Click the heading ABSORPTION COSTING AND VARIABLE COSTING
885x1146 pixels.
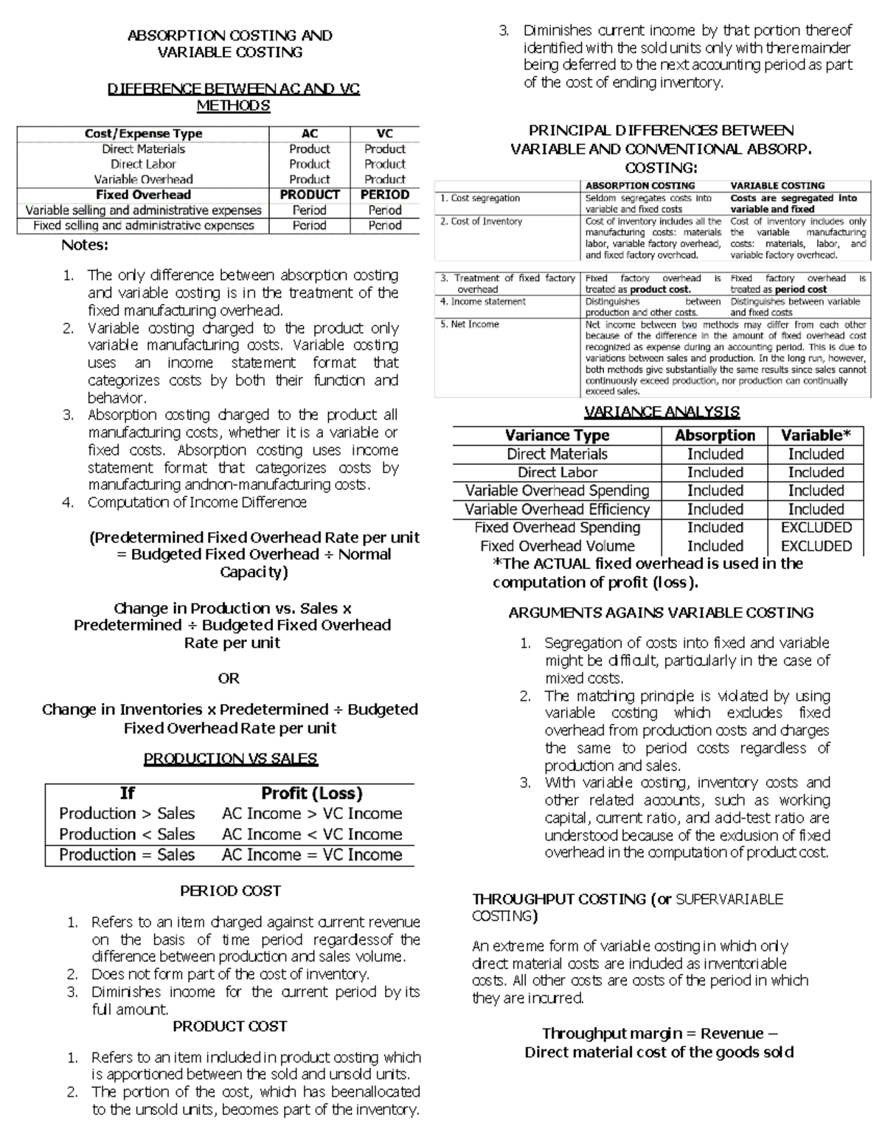click(229, 44)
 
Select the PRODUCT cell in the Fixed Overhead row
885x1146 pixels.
click(310, 195)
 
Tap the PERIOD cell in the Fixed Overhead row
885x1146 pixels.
click(384, 195)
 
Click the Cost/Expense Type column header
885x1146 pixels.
click(143, 134)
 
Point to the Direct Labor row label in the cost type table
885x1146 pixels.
click(143, 164)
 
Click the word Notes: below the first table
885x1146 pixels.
click(85, 245)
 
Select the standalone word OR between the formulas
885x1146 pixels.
click(229, 677)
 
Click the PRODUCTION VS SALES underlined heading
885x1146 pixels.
click(230, 759)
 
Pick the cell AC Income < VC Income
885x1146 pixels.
click(312, 834)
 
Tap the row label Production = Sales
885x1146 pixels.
click(127, 855)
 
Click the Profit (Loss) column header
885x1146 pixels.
click(312, 793)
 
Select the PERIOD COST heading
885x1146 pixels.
click(230, 891)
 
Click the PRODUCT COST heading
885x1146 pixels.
click(230, 1026)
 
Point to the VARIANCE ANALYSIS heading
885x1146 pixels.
click(662, 412)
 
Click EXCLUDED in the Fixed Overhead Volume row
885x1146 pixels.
click(816, 546)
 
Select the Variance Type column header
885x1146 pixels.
click(557, 435)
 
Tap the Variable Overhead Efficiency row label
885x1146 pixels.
click(557, 509)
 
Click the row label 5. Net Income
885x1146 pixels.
click(470, 324)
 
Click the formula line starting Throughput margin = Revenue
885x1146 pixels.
click(659, 1033)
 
